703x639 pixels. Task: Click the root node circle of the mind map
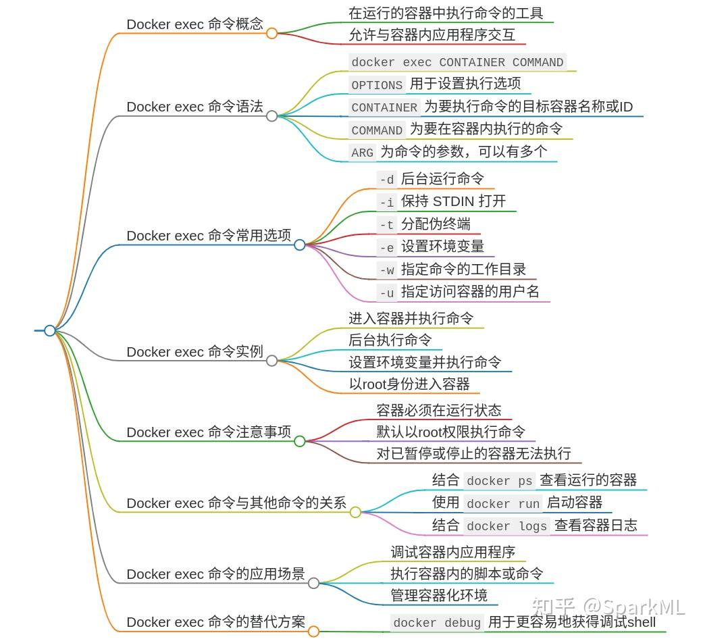pyautogui.click(x=49, y=330)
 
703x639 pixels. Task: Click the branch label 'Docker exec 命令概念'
pyautogui.click(x=194, y=24)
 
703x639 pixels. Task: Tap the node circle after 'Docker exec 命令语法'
pyautogui.click(x=271, y=116)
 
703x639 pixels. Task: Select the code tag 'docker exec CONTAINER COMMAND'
pyautogui.click(x=457, y=62)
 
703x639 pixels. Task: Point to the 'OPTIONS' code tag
pyautogui.click(x=377, y=85)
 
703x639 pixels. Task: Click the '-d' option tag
pyautogui.click(x=386, y=180)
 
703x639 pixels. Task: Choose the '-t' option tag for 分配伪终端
pyautogui.click(x=386, y=225)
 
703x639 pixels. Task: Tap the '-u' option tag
pyautogui.click(x=386, y=293)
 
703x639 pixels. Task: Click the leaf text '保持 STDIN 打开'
pyautogui.click(x=453, y=201)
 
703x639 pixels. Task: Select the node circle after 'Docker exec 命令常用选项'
pyautogui.click(x=300, y=245)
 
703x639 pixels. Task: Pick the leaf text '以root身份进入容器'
pyautogui.click(x=409, y=384)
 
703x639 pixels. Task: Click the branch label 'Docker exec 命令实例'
pyautogui.click(x=194, y=352)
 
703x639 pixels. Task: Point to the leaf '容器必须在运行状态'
pyautogui.click(x=439, y=410)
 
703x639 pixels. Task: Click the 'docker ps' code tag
pyautogui.click(x=499, y=481)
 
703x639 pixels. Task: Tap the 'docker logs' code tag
pyautogui.click(x=506, y=526)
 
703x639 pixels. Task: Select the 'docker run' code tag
pyautogui.click(x=503, y=504)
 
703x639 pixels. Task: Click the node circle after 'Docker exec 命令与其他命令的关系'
pyautogui.click(x=355, y=513)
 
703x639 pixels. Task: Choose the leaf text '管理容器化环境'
pyautogui.click(x=439, y=595)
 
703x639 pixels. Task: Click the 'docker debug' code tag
pyautogui.click(x=437, y=623)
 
